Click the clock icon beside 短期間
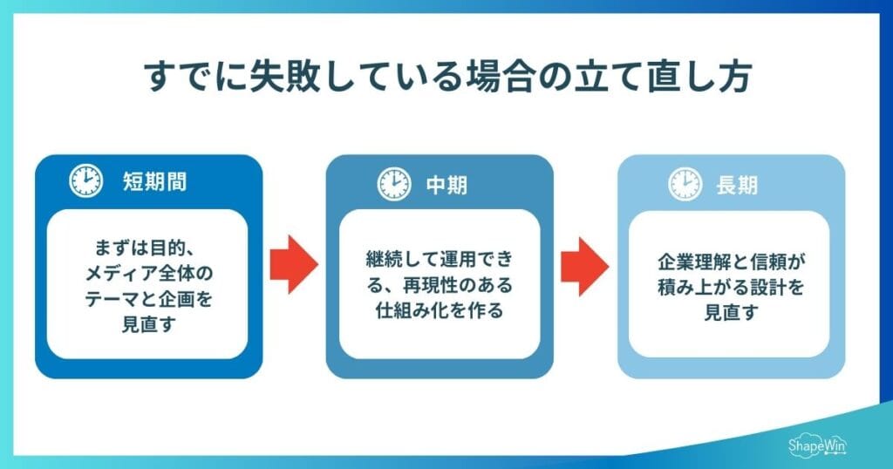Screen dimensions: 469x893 point(85,181)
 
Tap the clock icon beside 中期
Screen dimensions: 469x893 point(394,183)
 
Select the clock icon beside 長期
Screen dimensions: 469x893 point(685,183)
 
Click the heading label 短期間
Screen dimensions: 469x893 point(154,182)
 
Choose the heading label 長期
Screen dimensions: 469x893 point(737,184)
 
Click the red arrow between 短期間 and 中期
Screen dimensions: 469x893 point(294,263)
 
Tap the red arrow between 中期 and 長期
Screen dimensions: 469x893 point(584,263)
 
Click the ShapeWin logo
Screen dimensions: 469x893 point(817,445)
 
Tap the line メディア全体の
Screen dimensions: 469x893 point(149,272)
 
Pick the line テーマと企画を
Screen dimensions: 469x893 point(149,298)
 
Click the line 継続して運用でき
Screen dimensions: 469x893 point(440,259)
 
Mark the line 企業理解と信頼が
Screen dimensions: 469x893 point(731,261)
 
